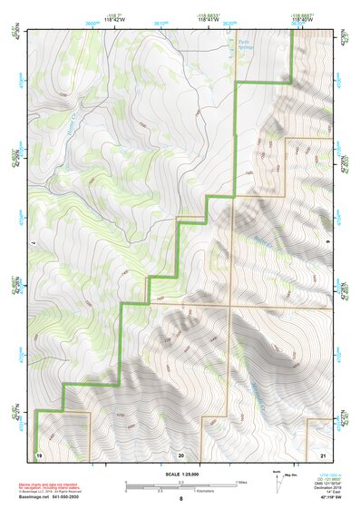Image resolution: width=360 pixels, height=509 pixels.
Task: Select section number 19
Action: (x=39, y=452)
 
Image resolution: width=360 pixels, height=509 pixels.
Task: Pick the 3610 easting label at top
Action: (x=161, y=24)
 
